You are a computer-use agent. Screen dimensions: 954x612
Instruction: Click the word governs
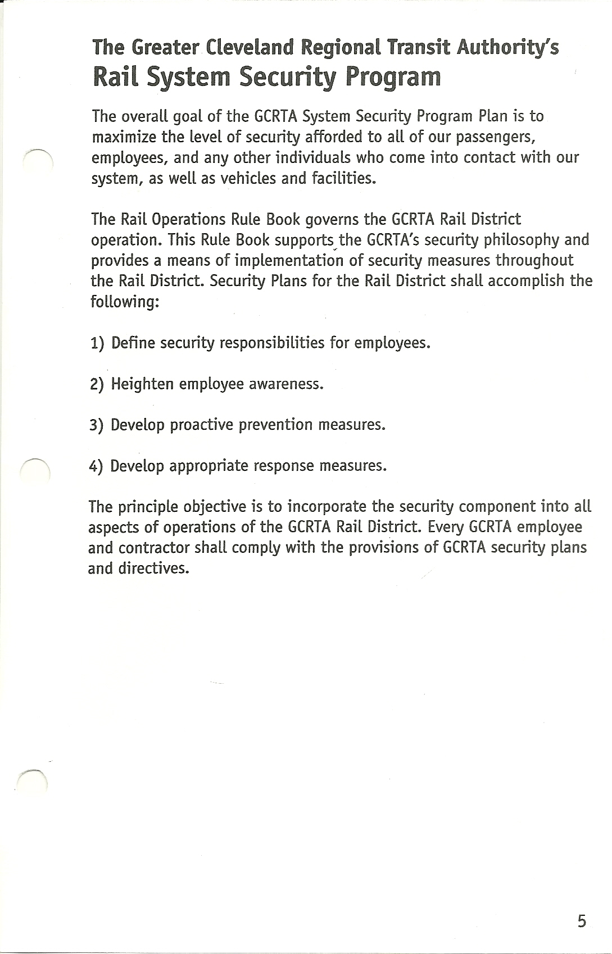point(337,219)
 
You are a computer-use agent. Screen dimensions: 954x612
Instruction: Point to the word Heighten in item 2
point(142,384)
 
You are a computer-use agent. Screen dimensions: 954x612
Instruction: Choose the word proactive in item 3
point(201,425)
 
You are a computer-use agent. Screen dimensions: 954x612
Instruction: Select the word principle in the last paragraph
point(148,507)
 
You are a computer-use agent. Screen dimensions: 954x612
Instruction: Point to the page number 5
point(581,921)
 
